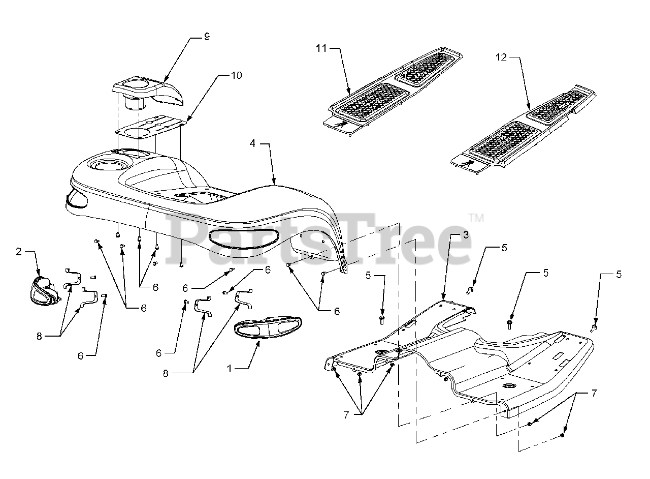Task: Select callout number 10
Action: point(236,75)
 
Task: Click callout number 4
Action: point(252,144)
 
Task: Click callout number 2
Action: point(19,252)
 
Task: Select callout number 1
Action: point(230,368)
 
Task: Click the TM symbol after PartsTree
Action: point(476,218)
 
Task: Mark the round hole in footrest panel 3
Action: point(508,388)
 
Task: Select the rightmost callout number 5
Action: point(619,275)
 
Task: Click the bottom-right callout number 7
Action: point(594,393)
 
